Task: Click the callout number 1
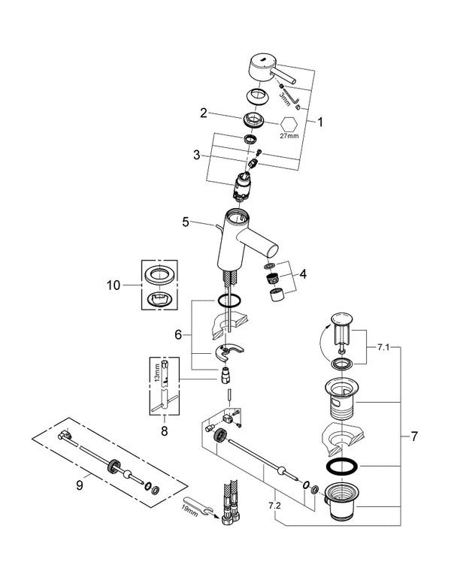[322, 119]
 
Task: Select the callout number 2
[203, 113]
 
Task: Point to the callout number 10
[113, 285]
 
